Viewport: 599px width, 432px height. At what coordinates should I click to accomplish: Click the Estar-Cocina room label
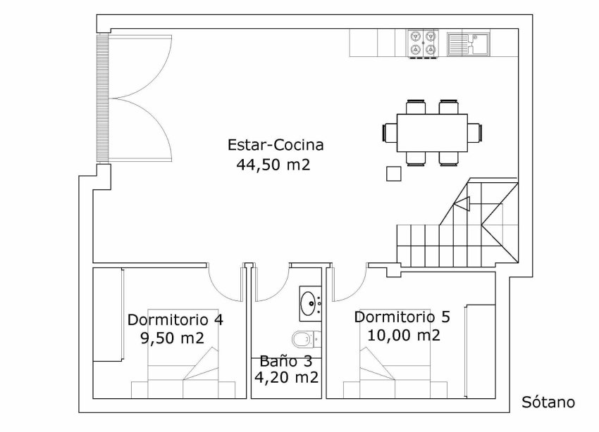[276, 145]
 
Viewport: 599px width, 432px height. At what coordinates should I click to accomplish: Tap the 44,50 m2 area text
[273, 165]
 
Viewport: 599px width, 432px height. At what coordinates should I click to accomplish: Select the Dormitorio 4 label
[175, 319]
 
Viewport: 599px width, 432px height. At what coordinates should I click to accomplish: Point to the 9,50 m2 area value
[172, 338]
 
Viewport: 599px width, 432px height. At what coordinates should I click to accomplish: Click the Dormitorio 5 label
[402, 317]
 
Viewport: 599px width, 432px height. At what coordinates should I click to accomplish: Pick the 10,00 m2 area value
[404, 336]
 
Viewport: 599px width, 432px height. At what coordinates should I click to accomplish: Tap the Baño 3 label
[285, 361]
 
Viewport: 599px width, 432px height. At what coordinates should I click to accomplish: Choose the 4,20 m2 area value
[287, 378]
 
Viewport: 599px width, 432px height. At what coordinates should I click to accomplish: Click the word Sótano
[548, 402]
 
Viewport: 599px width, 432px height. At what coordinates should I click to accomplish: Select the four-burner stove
[424, 44]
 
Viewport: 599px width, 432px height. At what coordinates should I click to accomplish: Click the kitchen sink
[468, 44]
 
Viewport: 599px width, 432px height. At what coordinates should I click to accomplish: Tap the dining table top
[432, 133]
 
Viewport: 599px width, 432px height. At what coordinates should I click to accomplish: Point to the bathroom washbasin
[310, 303]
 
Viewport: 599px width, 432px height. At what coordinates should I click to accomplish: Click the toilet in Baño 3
[307, 338]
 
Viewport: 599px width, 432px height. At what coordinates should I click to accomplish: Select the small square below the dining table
[393, 174]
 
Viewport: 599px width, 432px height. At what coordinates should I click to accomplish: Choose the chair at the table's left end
[389, 133]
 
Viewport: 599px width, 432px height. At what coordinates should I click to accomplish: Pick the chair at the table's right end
[475, 133]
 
